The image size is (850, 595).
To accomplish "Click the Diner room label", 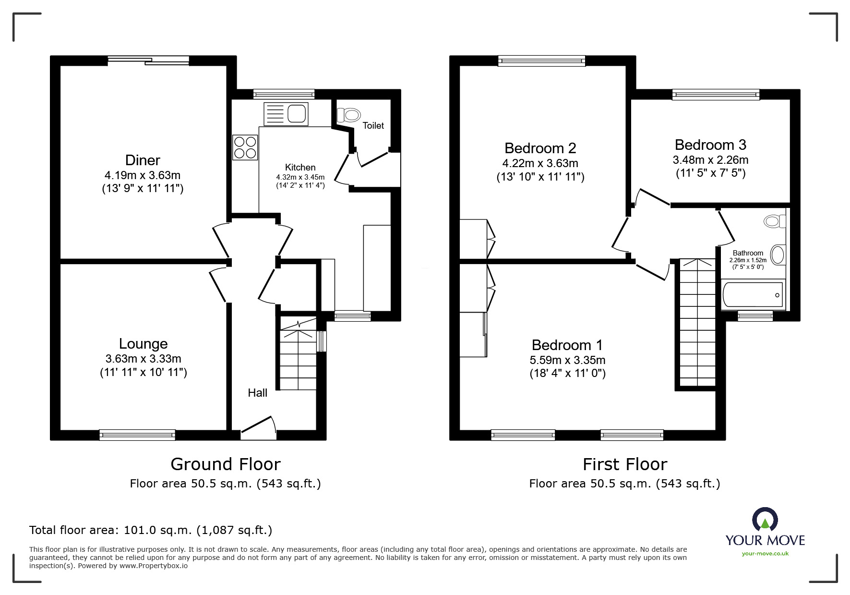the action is coord(143,160).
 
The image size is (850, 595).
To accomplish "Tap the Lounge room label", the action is coord(143,343).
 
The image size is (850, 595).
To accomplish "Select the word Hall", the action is coord(257,393).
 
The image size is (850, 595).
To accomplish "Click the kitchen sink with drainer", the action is coord(286,114).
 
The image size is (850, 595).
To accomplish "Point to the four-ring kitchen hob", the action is coord(245,147).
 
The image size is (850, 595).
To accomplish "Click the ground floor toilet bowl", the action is coord(348,115).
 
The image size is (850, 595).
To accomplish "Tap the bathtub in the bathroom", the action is coord(753,294).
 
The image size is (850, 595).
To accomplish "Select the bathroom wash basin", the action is coord(778,255).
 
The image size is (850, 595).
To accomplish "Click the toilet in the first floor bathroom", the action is coord(775,221).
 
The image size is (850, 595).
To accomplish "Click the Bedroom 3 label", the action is coord(710,145).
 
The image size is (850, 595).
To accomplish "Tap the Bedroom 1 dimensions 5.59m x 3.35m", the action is coord(567,360).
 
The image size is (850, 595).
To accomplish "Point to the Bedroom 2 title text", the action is coord(540,148).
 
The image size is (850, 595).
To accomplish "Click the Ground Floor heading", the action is coord(226,464).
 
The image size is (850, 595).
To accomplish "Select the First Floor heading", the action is coord(625,464).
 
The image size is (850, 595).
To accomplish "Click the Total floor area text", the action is coord(151,530).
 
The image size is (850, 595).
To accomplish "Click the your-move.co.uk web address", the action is coord(765,554).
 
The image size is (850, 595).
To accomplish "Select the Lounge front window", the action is coord(137,435).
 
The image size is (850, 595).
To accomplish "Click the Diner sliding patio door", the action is coord(148,61).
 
